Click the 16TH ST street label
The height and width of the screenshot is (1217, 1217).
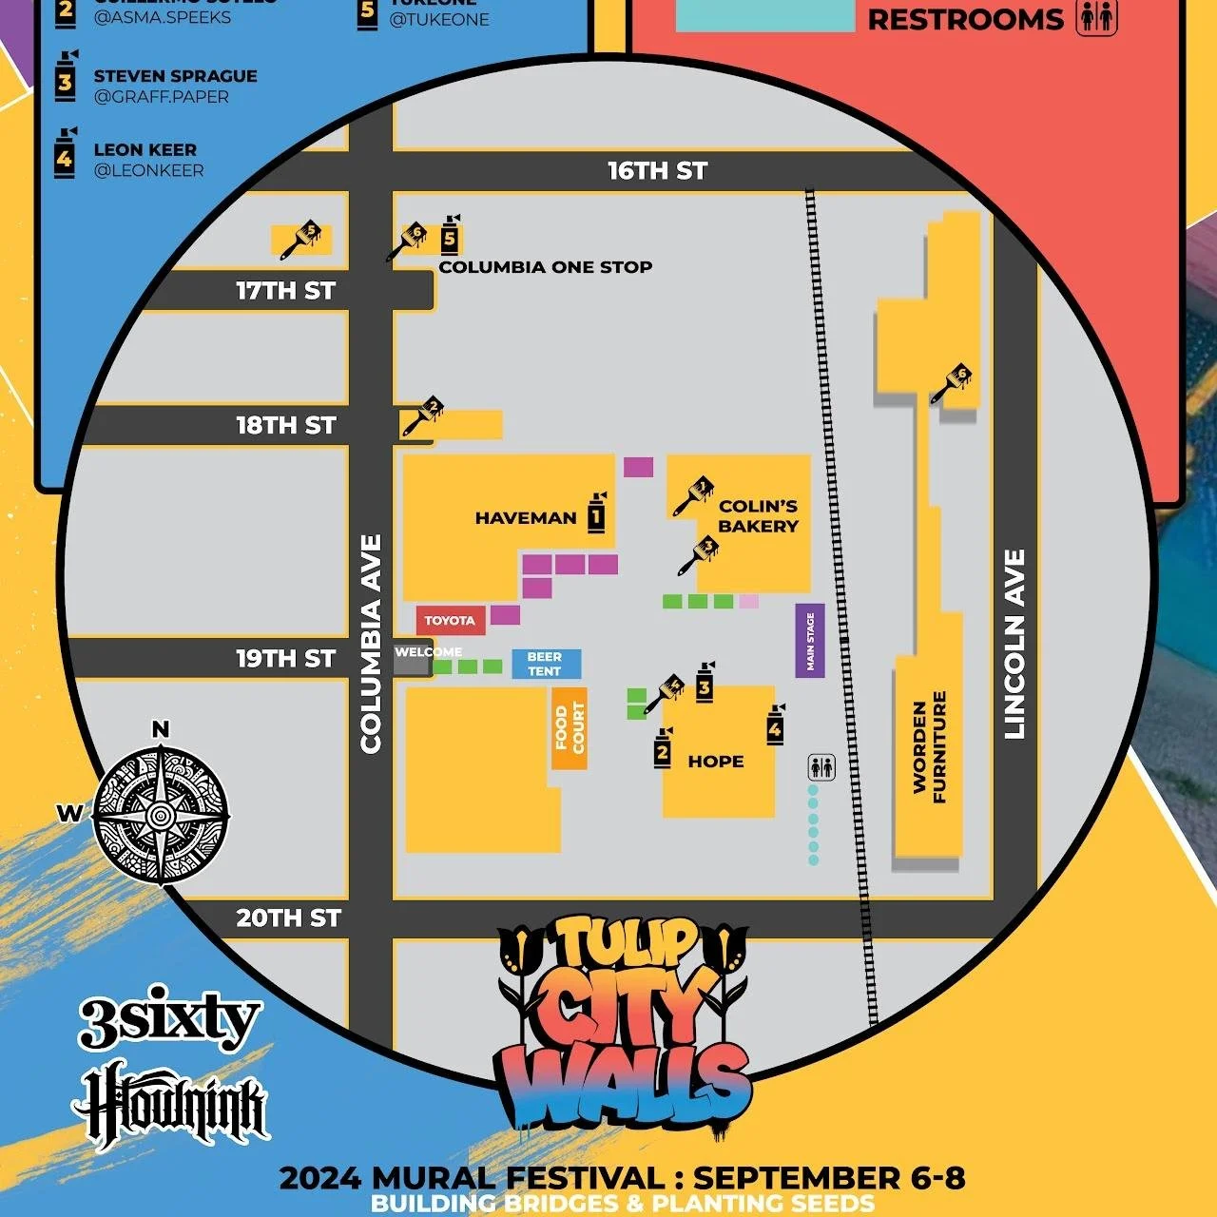click(x=657, y=171)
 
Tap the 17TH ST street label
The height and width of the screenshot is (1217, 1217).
click(x=285, y=291)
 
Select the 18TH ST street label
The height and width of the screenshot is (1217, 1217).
click(x=285, y=425)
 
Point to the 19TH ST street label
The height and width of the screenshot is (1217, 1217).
click(x=285, y=658)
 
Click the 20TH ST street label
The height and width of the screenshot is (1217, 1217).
click(x=288, y=918)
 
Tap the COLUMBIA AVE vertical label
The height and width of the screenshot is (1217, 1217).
click(x=371, y=644)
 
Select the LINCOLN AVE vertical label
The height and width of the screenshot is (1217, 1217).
click(x=1014, y=644)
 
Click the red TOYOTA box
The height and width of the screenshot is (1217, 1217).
click(x=450, y=621)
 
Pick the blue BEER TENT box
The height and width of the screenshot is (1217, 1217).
click(x=545, y=664)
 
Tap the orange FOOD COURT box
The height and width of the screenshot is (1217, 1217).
click(x=570, y=728)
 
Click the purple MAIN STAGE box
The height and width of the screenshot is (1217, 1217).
click(x=810, y=641)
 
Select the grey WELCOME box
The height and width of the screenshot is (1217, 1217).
click(x=413, y=658)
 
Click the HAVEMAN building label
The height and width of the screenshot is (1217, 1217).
click(x=526, y=518)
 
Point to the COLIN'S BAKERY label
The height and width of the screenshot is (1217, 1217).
click(x=758, y=516)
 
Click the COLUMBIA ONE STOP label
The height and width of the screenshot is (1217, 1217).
click(x=545, y=267)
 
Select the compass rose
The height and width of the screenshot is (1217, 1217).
click(x=161, y=814)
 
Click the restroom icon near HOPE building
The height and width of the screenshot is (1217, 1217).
click(x=821, y=766)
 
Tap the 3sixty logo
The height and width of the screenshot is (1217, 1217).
click(x=168, y=1019)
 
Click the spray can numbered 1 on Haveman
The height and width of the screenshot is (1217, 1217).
click(x=596, y=513)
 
